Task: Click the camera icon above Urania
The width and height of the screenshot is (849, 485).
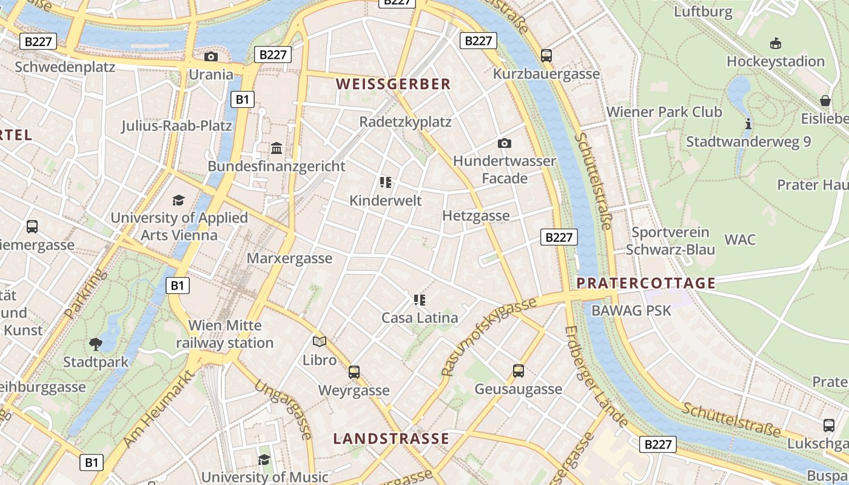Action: coord(211,56)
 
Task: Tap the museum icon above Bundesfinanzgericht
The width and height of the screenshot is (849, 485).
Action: coord(277,148)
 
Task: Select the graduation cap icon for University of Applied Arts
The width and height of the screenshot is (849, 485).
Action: coord(178,200)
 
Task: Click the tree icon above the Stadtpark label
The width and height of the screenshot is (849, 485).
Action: coord(96,344)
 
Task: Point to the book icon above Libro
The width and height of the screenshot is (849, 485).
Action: coord(320,341)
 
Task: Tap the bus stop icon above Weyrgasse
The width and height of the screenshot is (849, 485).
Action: coord(354,372)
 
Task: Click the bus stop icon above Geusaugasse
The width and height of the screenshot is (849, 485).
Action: coord(518,370)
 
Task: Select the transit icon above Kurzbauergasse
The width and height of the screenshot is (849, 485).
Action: coord(546,56)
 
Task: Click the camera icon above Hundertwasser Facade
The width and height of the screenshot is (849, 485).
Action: coord(504,143)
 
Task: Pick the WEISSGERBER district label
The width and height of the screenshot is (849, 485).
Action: coord(394,84)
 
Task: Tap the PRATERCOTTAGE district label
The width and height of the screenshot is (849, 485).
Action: coord(646,283)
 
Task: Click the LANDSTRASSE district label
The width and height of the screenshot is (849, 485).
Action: coord(391,438)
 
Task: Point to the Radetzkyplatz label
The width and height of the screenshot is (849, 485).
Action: coord(405,122)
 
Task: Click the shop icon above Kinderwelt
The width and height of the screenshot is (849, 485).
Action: coord(386,182)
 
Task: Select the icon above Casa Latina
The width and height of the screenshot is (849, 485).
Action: coord(420,299)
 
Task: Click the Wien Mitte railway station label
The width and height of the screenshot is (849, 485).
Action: coord(225,334)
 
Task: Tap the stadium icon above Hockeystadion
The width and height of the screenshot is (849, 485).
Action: coord(775,43)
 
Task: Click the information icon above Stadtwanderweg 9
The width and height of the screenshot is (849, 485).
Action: coord(748,124)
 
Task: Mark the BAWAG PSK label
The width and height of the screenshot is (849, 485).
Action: coord(631,310)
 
